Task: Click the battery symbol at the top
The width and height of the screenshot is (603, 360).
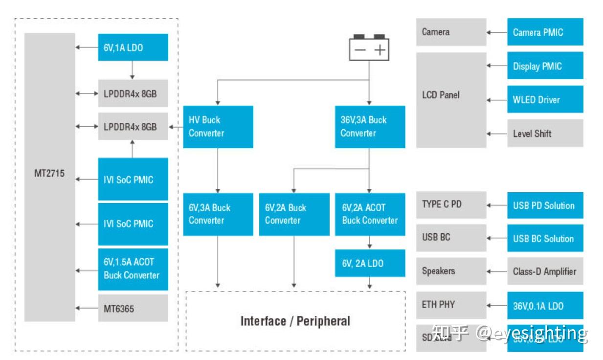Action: coord(369,48)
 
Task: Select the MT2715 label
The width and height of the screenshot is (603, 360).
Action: coord(49,173)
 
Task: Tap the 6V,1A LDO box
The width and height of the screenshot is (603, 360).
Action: coord(133,47)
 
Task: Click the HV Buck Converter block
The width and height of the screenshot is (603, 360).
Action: coord(218,127)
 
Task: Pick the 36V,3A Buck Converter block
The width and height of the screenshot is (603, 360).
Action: coord(370,127)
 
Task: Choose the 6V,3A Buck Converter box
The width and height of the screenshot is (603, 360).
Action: coord(218,214)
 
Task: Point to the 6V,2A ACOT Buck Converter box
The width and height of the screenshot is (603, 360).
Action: coord(370,214)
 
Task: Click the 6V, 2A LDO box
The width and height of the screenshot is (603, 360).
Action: coord(370,263)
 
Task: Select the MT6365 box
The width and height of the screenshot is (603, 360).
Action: coord(133,308)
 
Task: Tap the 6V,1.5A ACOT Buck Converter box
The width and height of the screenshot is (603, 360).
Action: coord(133,269)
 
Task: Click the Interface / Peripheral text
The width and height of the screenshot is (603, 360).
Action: coord(295,321)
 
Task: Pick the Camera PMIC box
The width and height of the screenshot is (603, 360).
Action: coord(545,32)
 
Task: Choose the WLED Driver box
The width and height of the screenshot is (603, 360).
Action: coord(545,99)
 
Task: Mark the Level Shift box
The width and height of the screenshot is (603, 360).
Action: coord(545,133)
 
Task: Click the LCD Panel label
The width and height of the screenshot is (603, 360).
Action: coord(441,95)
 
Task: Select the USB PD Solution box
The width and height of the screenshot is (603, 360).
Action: coord(545,205)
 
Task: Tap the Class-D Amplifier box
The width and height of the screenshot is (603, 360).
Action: coord(545,271)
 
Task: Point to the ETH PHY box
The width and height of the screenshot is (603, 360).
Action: coord(451,305)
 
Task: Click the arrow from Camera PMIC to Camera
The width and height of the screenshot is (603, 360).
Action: coord(496,33)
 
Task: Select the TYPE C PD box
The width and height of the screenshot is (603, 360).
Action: coord(451,204)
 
